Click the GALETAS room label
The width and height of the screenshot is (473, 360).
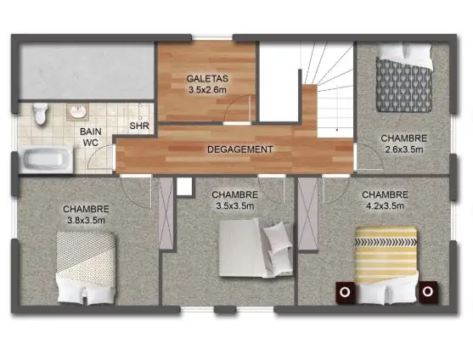[x=206, y=79]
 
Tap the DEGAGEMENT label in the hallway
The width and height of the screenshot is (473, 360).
[x=240, y=149]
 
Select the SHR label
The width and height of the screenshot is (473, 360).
[x=140, y=127]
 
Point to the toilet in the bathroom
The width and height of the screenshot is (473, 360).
[x=38, y=113]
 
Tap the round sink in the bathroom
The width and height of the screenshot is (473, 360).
[x=77, y=111]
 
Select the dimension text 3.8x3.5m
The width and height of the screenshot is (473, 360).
[x=85, y=220]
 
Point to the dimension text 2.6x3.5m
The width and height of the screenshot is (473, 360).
[x=403, y=149]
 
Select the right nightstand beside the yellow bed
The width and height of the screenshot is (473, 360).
[x=428, y=291]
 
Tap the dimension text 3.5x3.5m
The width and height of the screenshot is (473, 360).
[x=235, y=205]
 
